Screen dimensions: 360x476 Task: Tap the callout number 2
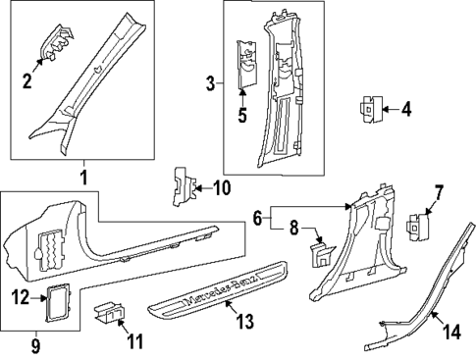[27, 79]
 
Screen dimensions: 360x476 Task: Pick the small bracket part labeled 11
[109, 314]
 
